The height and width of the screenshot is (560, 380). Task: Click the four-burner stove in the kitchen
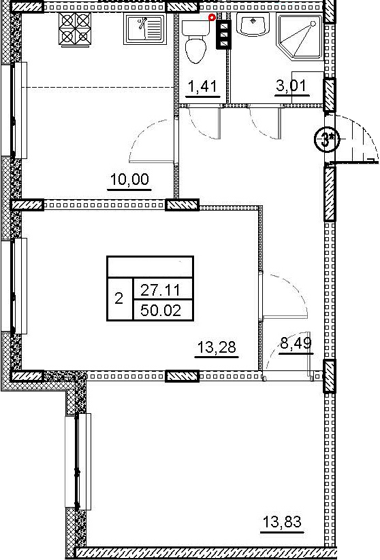[x=74, y=29]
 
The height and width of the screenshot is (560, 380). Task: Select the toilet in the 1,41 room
[x=196, y=41]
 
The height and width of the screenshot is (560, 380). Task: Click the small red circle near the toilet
[x=212, y=17]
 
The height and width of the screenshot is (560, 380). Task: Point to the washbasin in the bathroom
[x=253, y=24]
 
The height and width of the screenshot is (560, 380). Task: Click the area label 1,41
[x=202, y=86]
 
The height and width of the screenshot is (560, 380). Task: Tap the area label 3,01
[x=291, y=86]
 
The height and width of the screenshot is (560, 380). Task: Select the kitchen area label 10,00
[x=129, y=179]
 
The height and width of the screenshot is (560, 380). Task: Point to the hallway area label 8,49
[x=296, y=344]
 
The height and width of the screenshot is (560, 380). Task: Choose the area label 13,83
[x=283, y=522]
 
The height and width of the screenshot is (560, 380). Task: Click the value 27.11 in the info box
[x=161, y=290]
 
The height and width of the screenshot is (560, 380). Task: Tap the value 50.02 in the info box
[x=161, y=311]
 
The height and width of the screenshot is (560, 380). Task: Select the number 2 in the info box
[x=118, y=298]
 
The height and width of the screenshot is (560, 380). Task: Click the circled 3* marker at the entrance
[x=327, y=139]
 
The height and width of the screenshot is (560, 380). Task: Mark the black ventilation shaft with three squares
[x=223, y=34]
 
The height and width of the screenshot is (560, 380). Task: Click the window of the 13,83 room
[x=78, y=461]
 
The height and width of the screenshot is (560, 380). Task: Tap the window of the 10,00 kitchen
[x=14, y=110]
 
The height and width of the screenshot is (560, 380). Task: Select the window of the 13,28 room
[x=14, y=285]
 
